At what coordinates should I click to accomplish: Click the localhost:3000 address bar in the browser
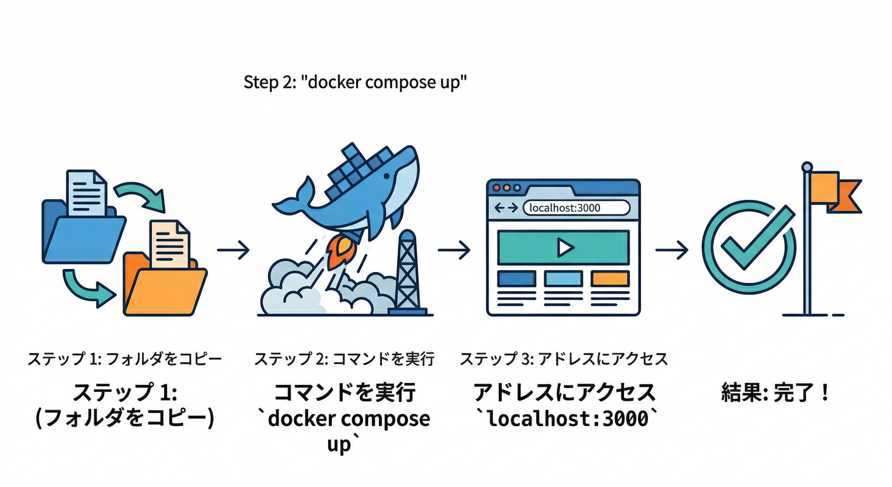(576, 207)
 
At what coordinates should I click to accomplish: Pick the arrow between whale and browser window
(454, 250)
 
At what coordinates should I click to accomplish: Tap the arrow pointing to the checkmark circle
(672, 250)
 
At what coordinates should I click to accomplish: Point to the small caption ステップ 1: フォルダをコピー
(125, 360)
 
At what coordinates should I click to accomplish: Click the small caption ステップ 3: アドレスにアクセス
(564, 360)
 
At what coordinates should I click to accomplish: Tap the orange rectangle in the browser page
(610, 278)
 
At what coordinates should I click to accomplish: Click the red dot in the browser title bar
(497, 188)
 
